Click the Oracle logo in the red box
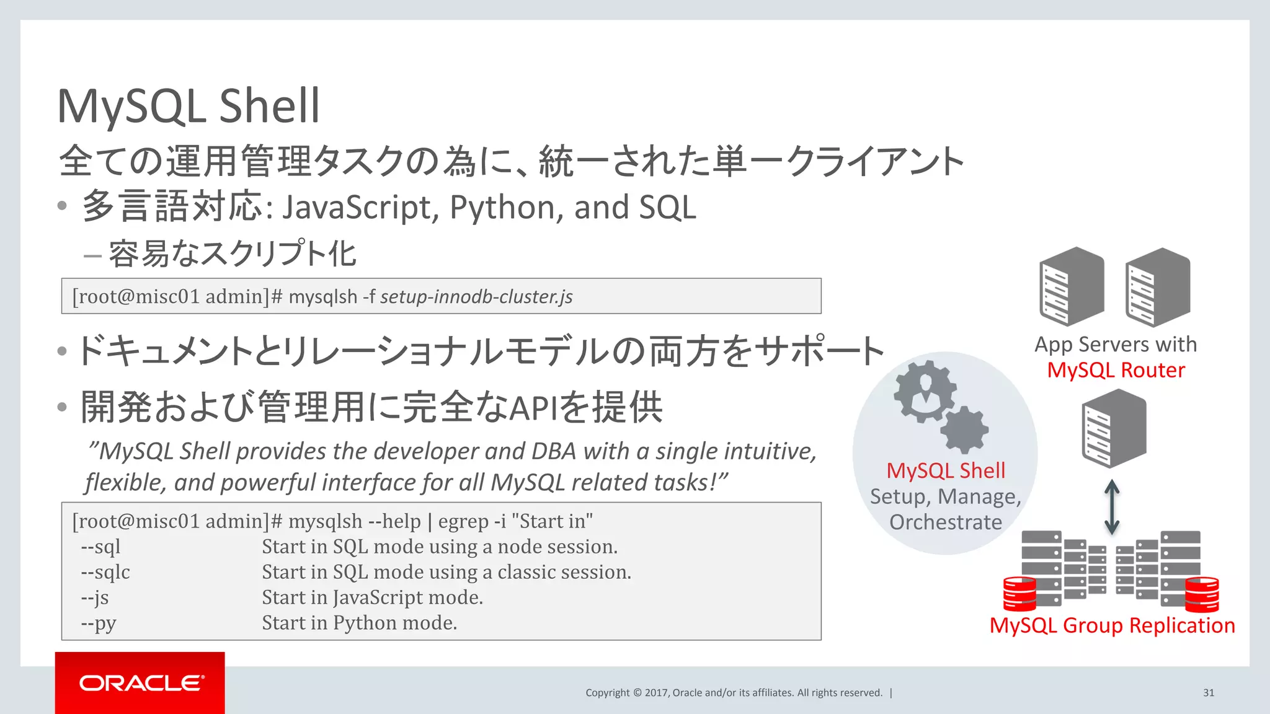point(141,683)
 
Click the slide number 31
point(1208,693)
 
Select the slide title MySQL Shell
point(189,106)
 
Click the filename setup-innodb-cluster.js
point(476,297)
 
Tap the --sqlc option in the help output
point(105,572)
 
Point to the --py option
point(99,623)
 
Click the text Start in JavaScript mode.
point(372,597)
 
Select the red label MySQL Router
point(1116,370)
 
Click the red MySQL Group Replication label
point(1112,625)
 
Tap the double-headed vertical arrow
point(1112,507)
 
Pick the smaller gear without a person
point(965,430)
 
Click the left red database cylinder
point(1019,593)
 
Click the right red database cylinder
point(1202,593)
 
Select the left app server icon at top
point(1072,286)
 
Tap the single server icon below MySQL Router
point(1114,428)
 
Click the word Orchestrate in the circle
point(945,522)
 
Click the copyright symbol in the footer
point(637,693)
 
